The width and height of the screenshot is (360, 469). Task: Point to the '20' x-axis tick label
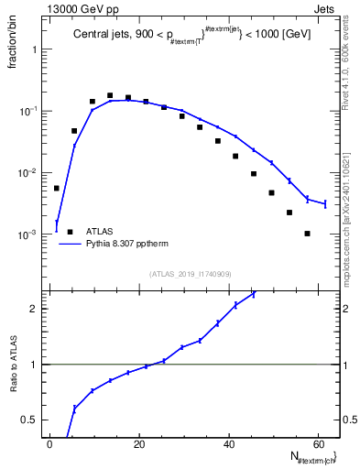pyautogui.click(x=137, y=443)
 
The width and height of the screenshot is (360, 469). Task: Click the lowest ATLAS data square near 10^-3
pyautogui.click(x=308, y=234)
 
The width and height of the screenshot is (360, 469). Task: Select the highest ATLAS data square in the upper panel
pyautogui.click(x=110, y=95)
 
